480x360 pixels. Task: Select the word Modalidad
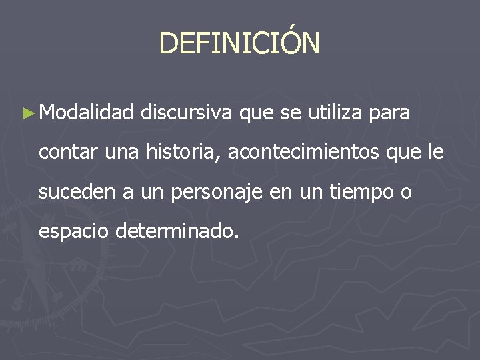point(86,114)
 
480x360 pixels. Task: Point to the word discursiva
point(187,114)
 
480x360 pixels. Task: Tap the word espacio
point(73,233)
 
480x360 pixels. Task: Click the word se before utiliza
point(291,115)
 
